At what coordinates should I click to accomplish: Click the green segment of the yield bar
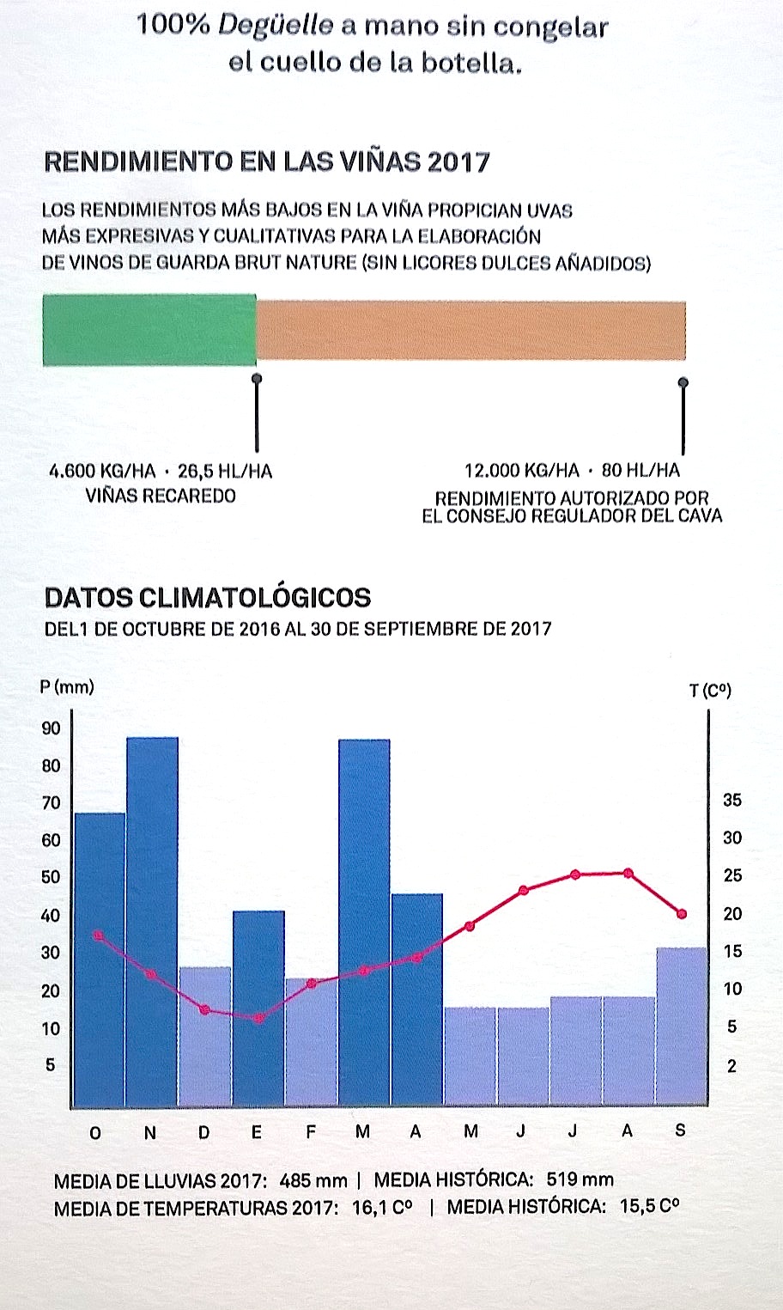[x=149, y=331]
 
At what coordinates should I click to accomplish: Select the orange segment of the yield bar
[x=470, y=331]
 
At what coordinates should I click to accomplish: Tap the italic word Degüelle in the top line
[x=275, y=25]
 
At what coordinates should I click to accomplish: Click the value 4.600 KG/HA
[x=103, y=472]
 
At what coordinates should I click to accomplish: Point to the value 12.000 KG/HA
[x=521, y=471]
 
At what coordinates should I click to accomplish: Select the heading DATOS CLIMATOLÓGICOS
[x=208, y=598]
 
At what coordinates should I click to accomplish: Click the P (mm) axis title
[x=67, y=686]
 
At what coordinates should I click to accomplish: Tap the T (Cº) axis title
[x=710, y=691]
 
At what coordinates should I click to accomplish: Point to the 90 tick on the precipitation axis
[x=52, y=728]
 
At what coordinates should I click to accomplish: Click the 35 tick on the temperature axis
[x=731, y=801]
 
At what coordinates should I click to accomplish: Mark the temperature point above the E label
[x=258, y=1018]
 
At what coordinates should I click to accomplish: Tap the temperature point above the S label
[x=682, y=914]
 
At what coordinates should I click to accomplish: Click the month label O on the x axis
[x=95, y=1132]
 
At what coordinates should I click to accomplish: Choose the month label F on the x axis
[x=311, y=1132]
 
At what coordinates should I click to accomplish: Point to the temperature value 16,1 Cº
[x=382, y=1208]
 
